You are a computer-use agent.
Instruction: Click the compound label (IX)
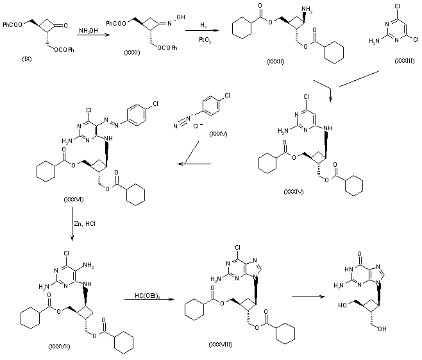26,58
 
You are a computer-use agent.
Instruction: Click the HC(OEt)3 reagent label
146,295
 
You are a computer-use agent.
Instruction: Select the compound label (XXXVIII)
221,345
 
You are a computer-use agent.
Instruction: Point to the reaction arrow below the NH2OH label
88,39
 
